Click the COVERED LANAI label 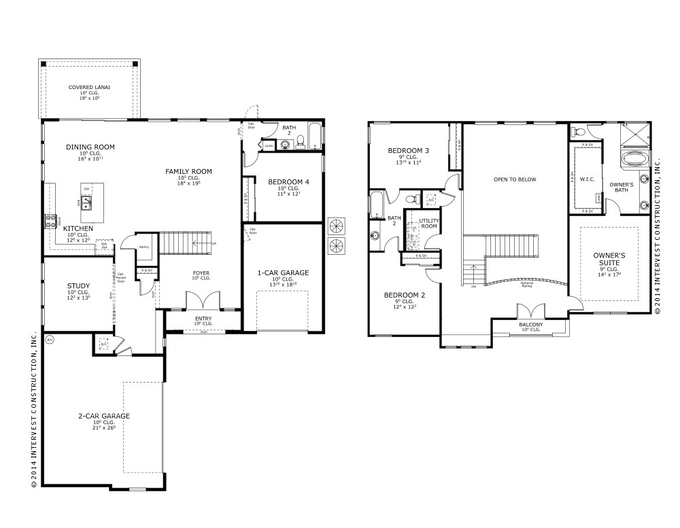click(89, 88)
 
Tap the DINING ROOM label click(90, 147)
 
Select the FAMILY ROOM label click(189, 171)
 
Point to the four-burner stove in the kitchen click(50, 220)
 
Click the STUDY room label click(79, 285)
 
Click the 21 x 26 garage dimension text click(103, 427)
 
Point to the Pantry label click(143, 247)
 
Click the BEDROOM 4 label click(288, 182)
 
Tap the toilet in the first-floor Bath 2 click(282, 143)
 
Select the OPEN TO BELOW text click(515, 179)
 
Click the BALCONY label click(531, 325)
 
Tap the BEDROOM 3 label click(408, 150)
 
